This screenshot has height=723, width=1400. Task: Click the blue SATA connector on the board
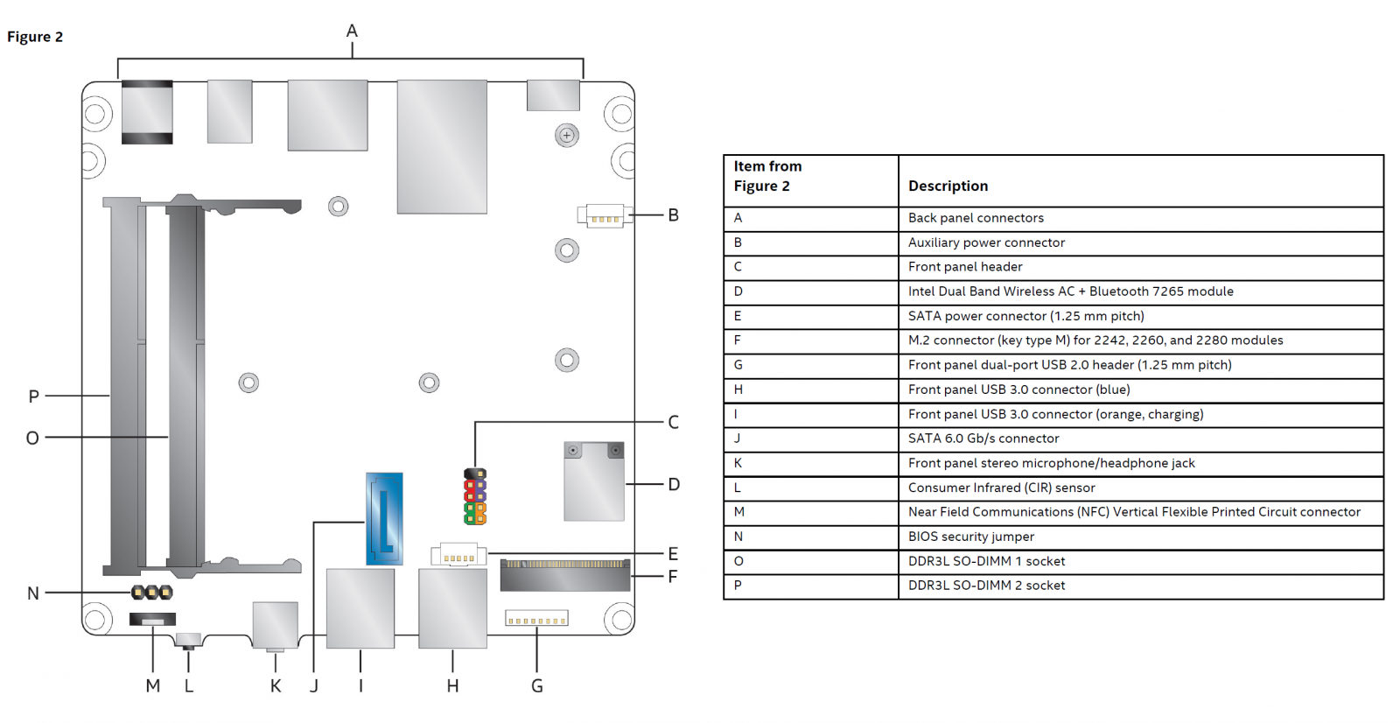pos(384,518)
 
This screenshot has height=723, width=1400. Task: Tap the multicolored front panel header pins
pos(475,496)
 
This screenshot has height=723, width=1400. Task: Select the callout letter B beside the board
pos(673,215)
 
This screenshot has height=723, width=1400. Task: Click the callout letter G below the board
pos(537,686)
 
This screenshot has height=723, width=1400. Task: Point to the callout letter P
pos(34,396)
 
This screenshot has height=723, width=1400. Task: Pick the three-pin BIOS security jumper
pos(152,592)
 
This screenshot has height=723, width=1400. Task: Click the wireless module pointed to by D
pos(594,481)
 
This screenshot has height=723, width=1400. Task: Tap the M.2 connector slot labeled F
pos(565,575)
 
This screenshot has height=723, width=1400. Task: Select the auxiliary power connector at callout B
pos(600,216)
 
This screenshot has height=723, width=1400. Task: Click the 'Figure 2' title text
pos(35,37)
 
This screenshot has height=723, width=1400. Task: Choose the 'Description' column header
pos(948,186)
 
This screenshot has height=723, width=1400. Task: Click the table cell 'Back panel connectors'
pos(976,218)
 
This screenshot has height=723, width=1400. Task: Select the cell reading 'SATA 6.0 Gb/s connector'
pos(983,439)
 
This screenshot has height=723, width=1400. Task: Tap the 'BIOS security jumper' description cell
pos(971,537)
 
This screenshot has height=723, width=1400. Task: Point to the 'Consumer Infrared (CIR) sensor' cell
pos(1002,488)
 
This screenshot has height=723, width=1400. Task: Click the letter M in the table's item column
pos(738,511)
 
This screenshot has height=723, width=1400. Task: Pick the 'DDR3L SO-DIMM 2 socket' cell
pos(986,586)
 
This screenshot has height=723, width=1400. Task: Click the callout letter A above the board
pos(352,31)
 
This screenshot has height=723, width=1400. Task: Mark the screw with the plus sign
pos(567,135)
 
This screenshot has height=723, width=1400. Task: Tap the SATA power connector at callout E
pos(458,555)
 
